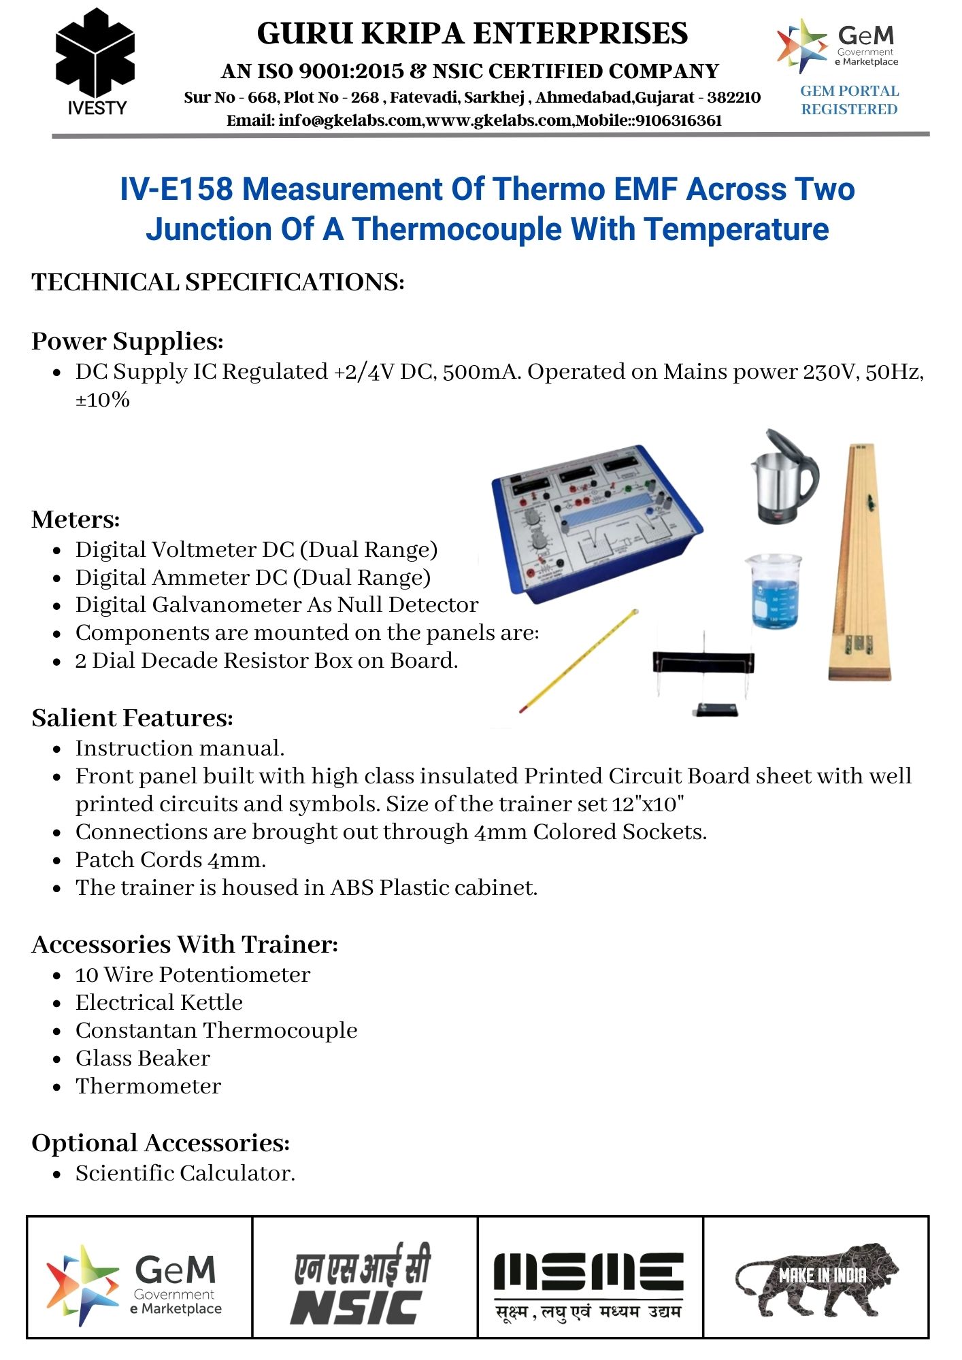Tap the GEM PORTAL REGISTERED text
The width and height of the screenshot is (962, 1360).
[x=849, y=100]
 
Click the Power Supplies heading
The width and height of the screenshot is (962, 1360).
[x=127, y=341]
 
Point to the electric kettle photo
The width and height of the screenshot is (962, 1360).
[x=784, y=477]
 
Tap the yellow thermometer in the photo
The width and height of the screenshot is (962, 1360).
[x=578, y=660]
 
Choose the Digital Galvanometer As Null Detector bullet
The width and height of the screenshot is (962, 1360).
[x=276, y=605]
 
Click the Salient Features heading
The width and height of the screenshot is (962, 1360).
[x=132, y=718]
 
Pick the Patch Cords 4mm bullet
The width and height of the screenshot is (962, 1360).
[x=170, y=860]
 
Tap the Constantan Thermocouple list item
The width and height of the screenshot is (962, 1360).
[x=216, y=1030]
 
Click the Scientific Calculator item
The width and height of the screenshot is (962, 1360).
[x=185, y=1173]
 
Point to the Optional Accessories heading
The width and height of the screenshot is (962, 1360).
[x=161, y=1143]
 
